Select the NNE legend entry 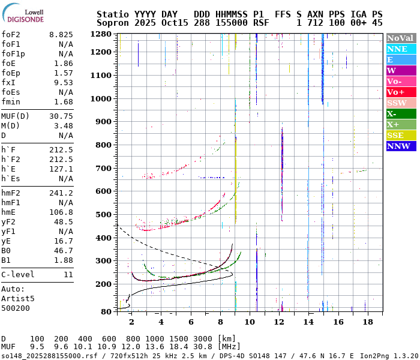pyautogui.click(x=397, y=49)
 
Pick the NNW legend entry pyautogui.click(x=398, y=146)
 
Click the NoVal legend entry pyautogui.click(x=400, y=38)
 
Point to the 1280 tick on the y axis pyautogui.click(x=103, y=34)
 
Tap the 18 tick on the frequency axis pyautogui.click(x=368, y=322)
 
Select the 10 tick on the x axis pyautogui.click(x=250, y=322)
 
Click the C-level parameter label pyautogui.click(x=18, y=274)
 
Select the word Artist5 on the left pyautogui.click(x=18, y=298)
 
